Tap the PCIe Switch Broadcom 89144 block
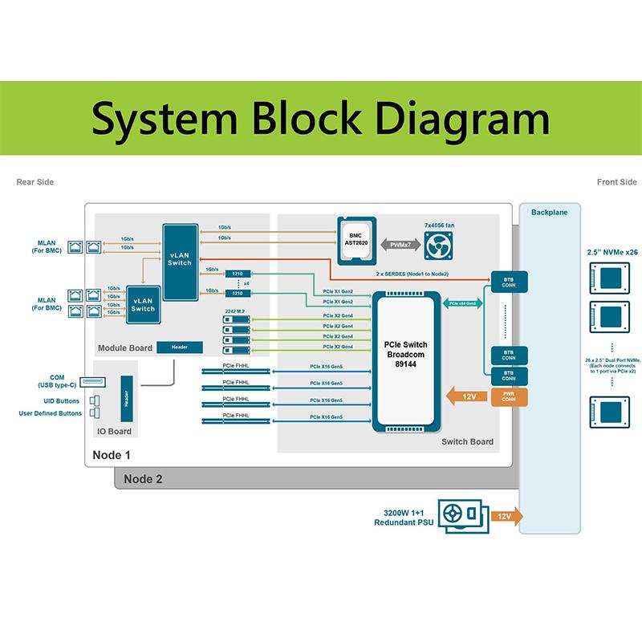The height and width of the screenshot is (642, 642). [x=408, y=362]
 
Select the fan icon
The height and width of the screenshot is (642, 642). [x=438, y=244]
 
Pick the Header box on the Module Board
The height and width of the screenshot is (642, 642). [x=179, y=347]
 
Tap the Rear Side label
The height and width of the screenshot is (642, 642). [x=35, y=182]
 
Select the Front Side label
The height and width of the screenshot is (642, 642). [x=616, y=182]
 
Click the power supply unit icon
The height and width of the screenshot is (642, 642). [x=461, y=517]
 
